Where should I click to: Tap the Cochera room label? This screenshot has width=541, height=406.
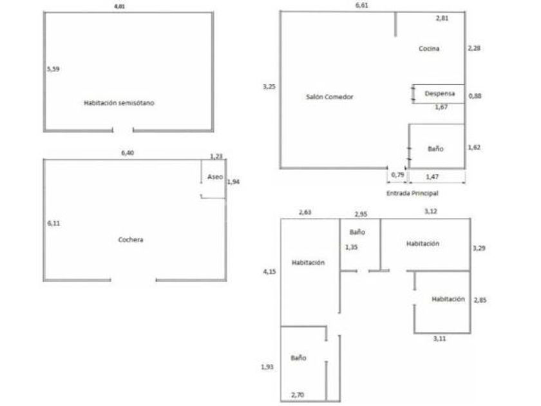[x=130, y=240]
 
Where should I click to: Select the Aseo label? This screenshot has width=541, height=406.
[x=214, y=177]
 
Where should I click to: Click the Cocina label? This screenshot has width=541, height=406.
[x=428, y=48]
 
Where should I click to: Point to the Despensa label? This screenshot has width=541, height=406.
[x=440, y=93]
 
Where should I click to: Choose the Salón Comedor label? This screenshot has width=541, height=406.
[x=330, y=97]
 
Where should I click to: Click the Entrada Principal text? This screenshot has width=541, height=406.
[x=417, y=193]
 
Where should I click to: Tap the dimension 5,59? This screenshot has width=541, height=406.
[x=53, y=68]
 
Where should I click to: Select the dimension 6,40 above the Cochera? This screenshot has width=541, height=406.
[x=129, y=153]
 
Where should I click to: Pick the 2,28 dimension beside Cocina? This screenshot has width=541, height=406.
[x=473, y=48]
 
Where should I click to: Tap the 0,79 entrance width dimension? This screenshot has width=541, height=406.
[x=397, y=175]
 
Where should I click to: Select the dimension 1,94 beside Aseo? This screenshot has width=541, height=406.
[x=233, y=182]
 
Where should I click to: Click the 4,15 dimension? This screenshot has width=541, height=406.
[x=269, y=272]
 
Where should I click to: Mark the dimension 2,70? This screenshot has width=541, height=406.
[x=298, y=394]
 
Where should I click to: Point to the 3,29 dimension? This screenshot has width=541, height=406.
[x=479, y=247]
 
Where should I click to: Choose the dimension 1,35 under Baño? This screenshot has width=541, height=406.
[x=352, y=247]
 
